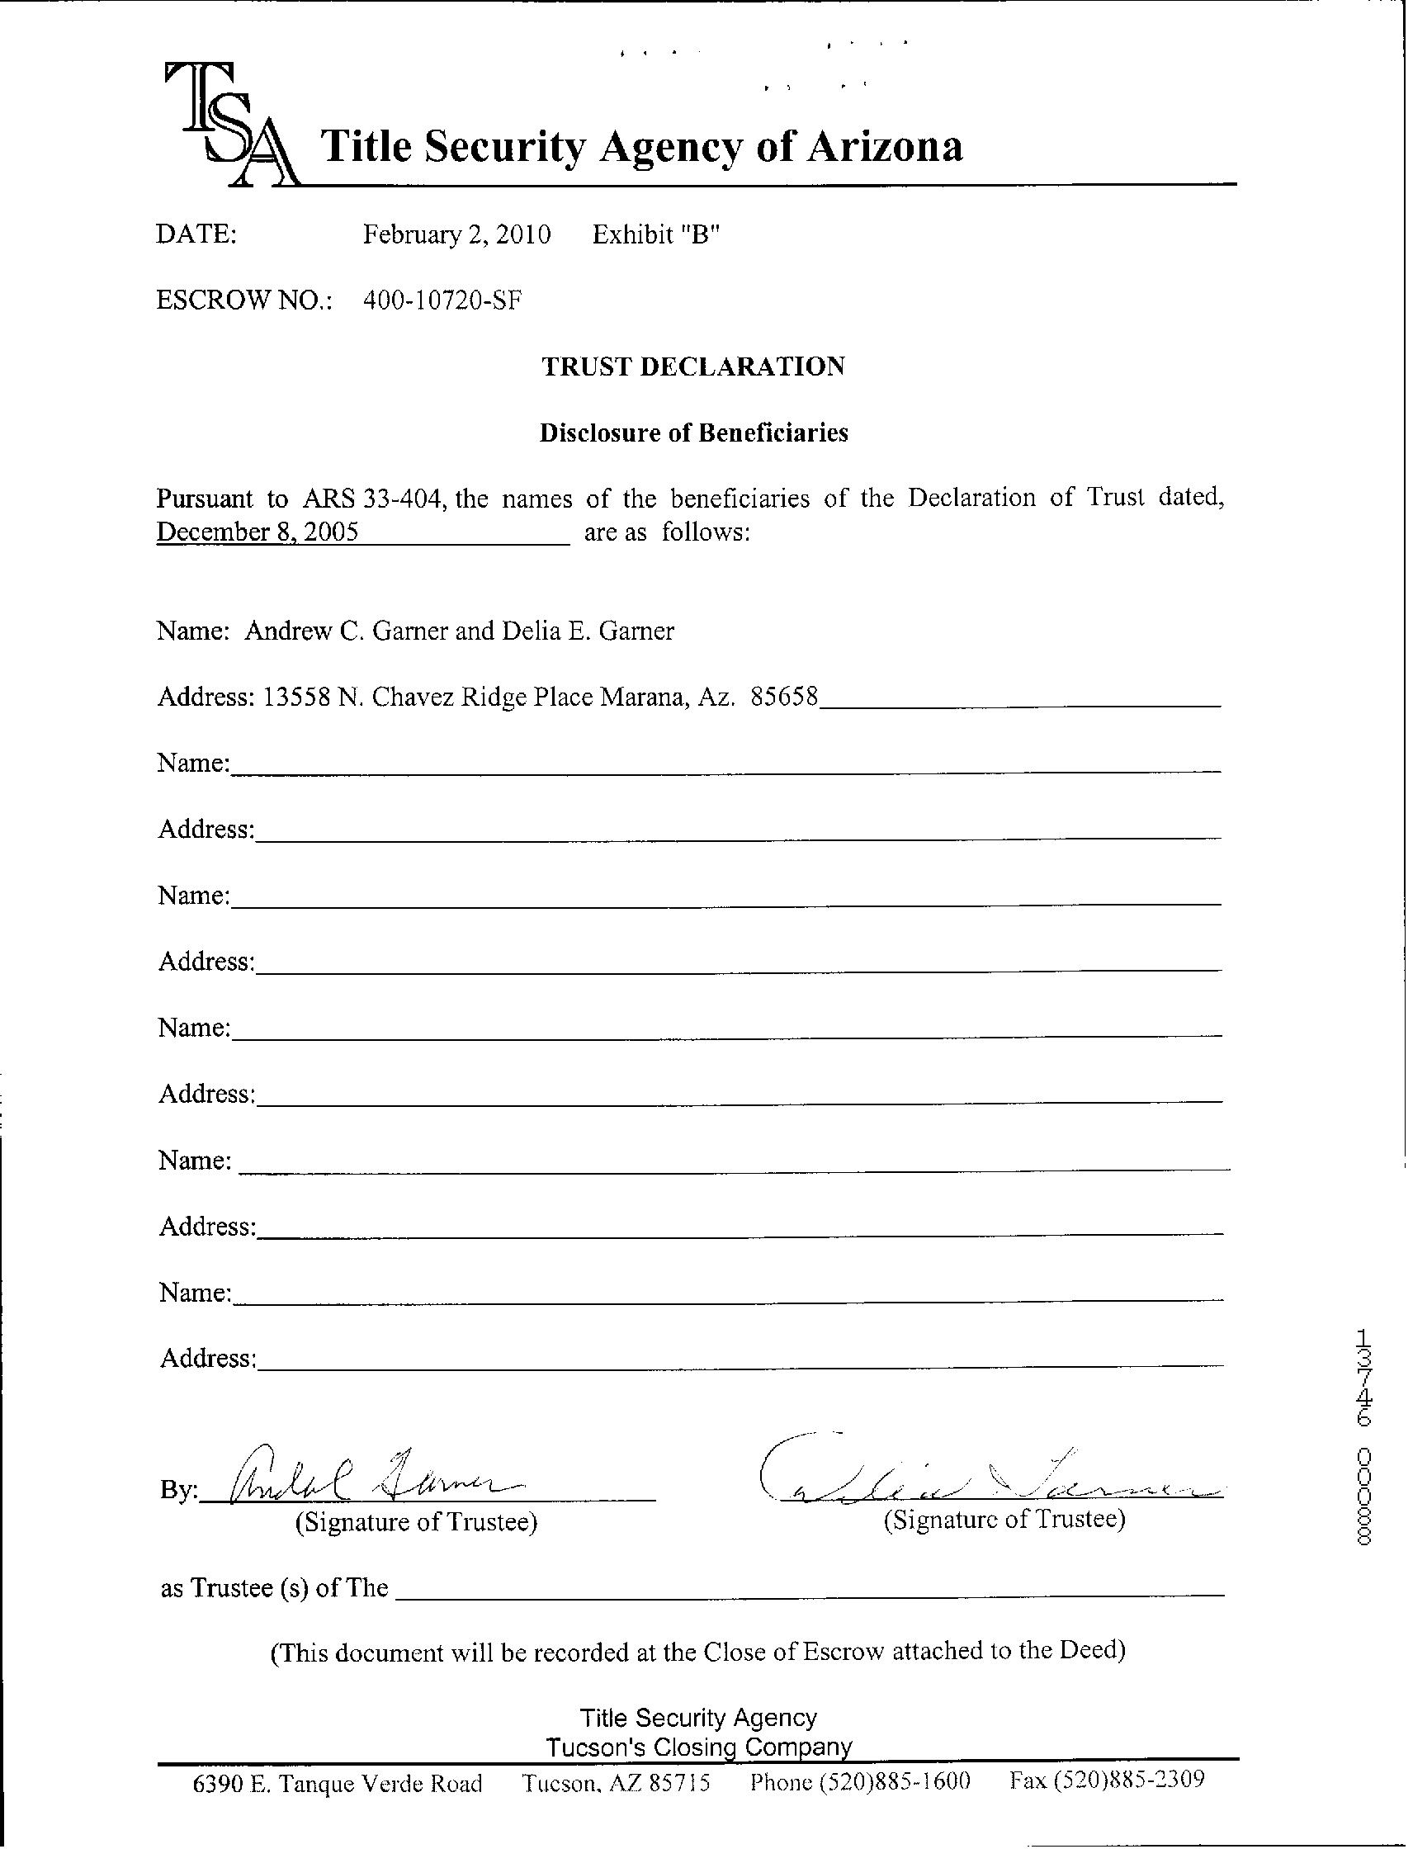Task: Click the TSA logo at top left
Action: (x=230, y=126)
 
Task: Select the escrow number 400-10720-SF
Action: (x=442, y=300)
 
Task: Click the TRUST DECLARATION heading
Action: (x=693, y=366)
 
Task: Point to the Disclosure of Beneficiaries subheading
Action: (x=693, y=433)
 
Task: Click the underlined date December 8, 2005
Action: (x=258, y=532)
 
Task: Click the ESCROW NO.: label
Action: (x=244, y=300)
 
